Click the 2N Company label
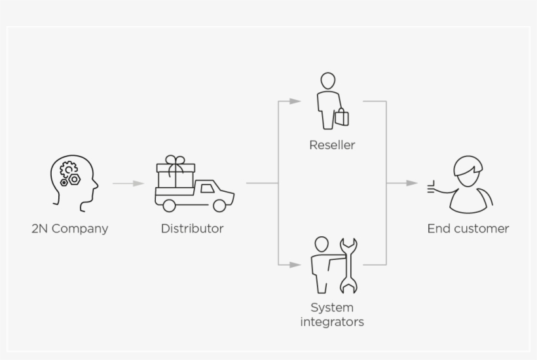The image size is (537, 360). (69, 228)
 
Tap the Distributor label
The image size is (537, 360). (192, 228)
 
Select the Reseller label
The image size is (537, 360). (332, 145)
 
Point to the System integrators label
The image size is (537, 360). (332, 314)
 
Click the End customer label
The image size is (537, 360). (468, 228)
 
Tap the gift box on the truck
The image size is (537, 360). (176, 175)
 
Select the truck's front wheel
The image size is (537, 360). (219, 205)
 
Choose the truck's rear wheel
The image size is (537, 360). (169, 205)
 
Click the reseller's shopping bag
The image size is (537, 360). (341, 118)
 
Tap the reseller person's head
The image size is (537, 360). (327, 82)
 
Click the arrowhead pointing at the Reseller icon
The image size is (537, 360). (295, 101)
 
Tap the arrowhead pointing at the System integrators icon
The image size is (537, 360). (295, 264)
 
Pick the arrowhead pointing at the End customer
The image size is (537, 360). (412, 183)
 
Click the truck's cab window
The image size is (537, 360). (207, 189)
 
